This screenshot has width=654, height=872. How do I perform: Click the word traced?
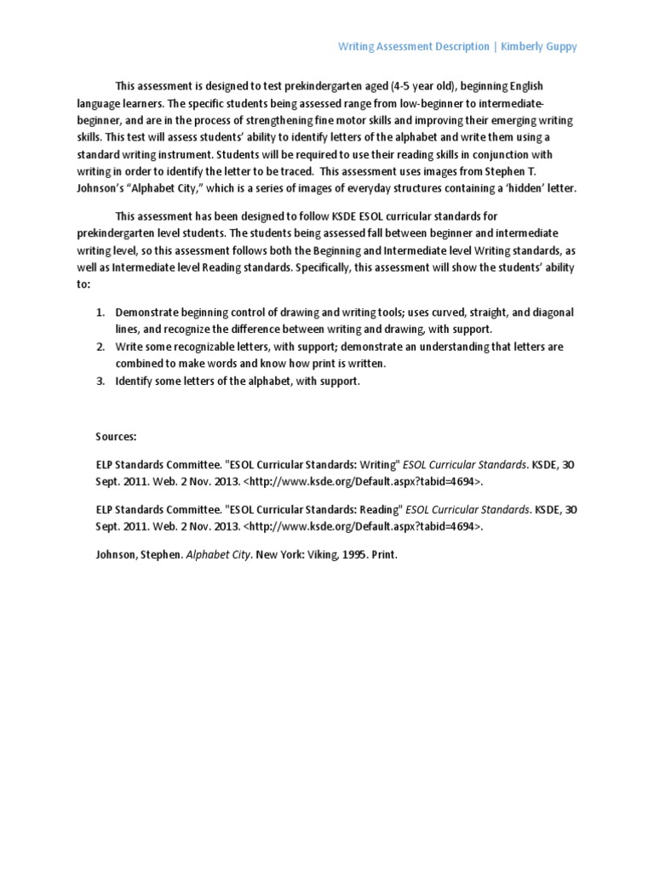point(315,172)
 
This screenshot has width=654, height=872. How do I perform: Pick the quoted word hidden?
point(534,188)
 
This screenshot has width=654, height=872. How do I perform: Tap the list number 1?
point(100,313)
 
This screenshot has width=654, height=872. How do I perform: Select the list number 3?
point(100,381)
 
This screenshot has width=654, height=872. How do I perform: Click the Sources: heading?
point(116,436)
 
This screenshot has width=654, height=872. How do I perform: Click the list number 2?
point(100,347)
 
